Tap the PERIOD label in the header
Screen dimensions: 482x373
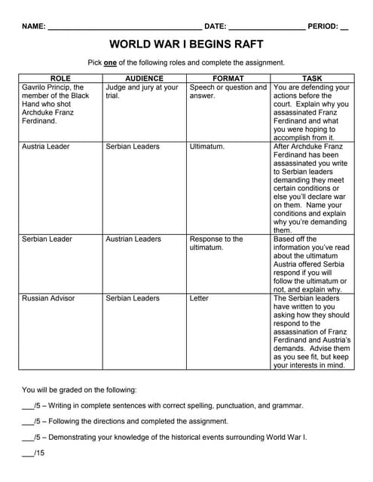[323, 26]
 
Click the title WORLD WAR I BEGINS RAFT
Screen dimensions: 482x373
[186, 44]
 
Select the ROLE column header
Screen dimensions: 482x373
[60, 78]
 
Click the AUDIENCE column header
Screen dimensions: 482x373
[145, 78]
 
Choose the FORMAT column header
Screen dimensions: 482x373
[228, 78]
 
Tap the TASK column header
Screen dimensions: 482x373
[312, 78]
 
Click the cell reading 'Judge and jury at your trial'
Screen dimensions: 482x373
[142, 91]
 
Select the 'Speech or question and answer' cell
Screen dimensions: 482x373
[228, 91]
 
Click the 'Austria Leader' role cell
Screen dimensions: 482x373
[46, 146]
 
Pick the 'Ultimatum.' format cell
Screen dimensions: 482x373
[206, 146]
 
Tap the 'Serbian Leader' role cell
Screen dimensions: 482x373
[47, 239]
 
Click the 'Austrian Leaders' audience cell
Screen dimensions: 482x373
[133, 239]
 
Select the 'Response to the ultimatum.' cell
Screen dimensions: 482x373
[216, 243]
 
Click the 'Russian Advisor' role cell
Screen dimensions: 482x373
[48, 298]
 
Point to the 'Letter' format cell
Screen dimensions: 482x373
[200, 298]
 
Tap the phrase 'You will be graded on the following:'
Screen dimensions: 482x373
[79, 389]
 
